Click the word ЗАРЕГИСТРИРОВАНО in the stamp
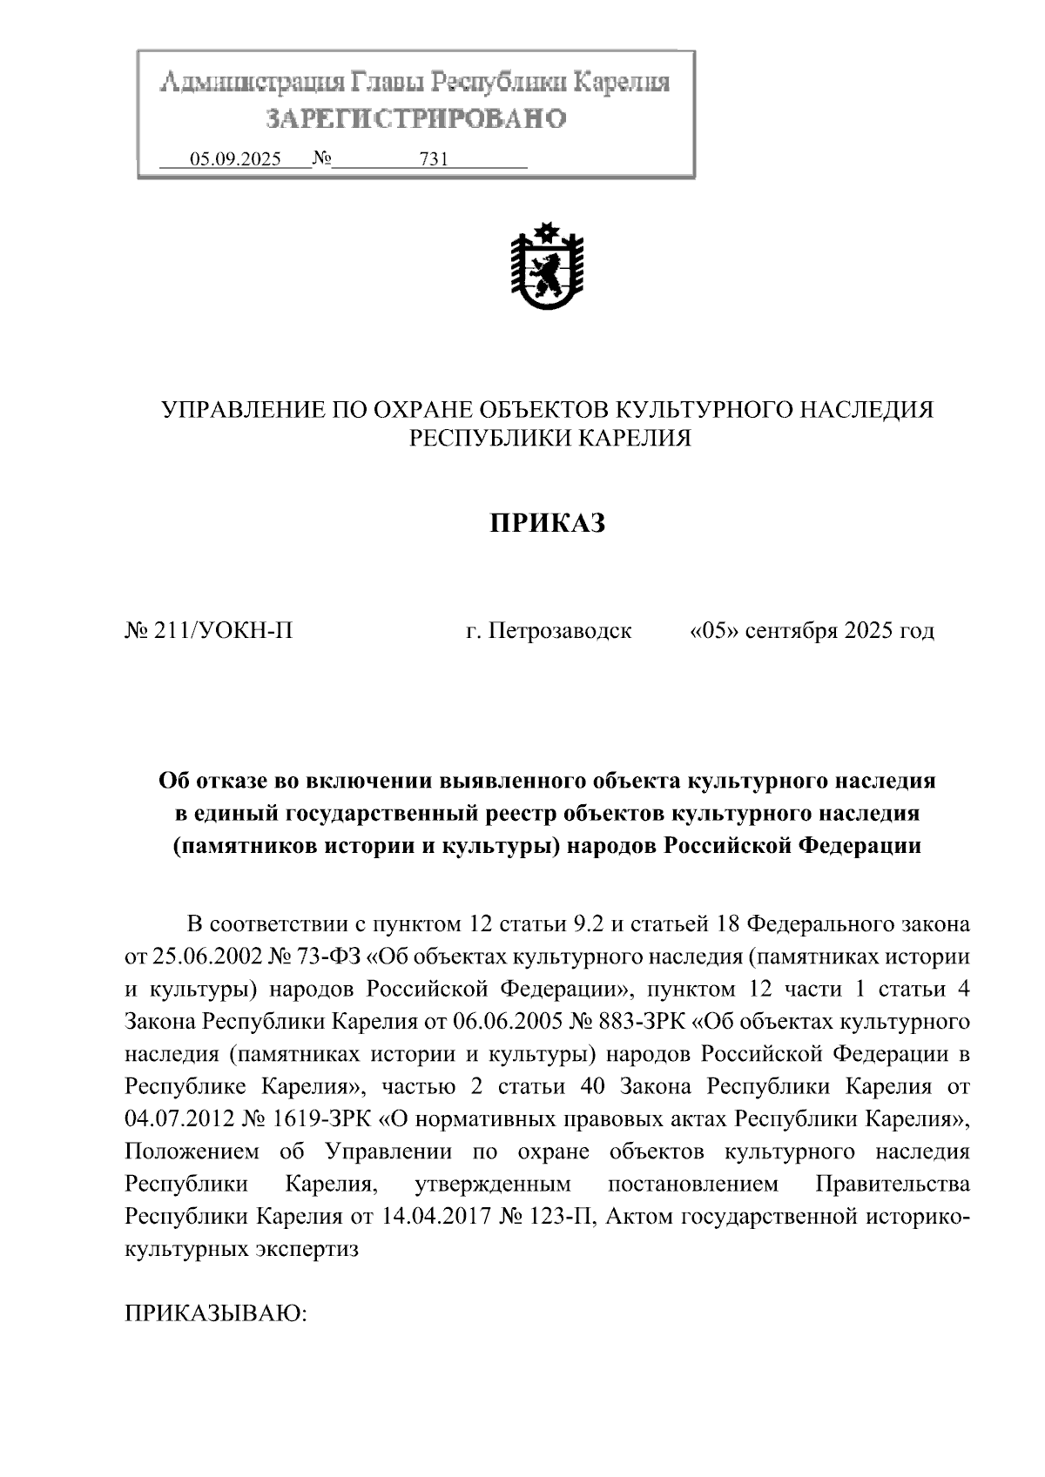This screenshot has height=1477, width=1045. click(415, 118)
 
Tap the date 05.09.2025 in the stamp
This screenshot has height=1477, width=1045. click(236, 159)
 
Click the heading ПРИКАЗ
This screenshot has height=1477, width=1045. click(546, 523)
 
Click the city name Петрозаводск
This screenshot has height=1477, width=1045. click(560, 630)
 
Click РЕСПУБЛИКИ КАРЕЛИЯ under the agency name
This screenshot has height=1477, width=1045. click(550, 439)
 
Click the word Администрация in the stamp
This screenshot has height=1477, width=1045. click(253, 84)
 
